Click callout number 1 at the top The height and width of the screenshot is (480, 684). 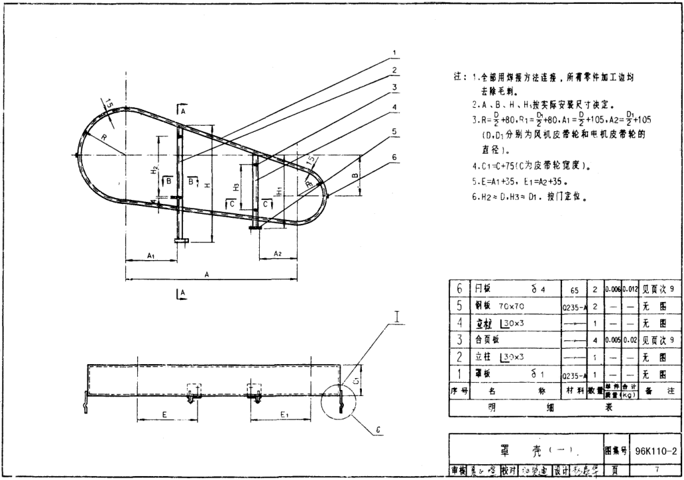tap(394, 52)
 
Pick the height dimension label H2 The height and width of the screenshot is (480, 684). tap(154, 169)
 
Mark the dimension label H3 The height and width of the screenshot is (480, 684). tap(237, 187)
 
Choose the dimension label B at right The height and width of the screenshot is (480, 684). tap(356, 176)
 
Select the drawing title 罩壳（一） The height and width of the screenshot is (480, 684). tap(527, 452)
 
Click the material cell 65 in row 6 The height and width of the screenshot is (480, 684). tap(574, 290)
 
